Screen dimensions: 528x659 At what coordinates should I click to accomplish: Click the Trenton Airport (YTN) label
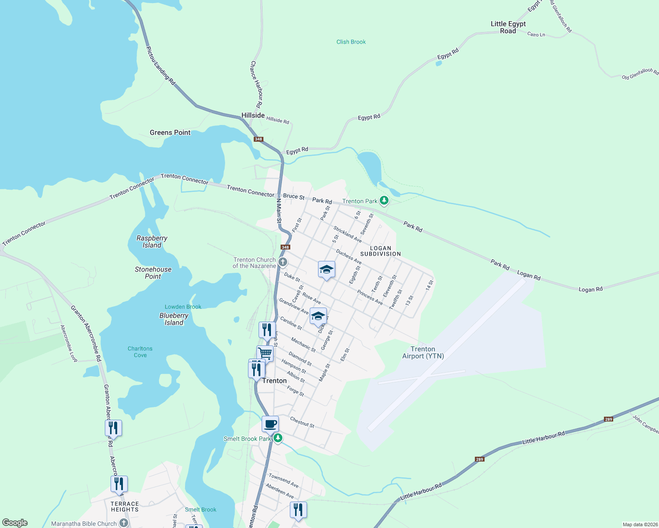coord(423,352)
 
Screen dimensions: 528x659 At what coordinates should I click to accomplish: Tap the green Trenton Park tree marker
coord(385,201)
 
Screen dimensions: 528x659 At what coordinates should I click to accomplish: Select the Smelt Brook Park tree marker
coord(278,438)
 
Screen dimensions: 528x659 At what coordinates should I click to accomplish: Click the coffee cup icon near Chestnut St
coord(270,424)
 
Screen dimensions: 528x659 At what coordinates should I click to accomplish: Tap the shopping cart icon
coord(265,353)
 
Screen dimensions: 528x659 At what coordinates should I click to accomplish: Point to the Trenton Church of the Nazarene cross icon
coord(283,263)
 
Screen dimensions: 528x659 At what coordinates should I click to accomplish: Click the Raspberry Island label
coord(152,242)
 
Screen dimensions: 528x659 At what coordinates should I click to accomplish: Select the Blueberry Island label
coord(174,319)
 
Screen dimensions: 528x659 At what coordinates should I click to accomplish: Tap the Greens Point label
coord(170,132)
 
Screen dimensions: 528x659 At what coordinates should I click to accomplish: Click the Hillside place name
coord(253,115)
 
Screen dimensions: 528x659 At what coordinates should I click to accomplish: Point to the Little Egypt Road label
coord(508,27)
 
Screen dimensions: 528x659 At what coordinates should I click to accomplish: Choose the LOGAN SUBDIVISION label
coord(381,251)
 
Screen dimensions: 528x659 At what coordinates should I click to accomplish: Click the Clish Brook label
coord(351,42)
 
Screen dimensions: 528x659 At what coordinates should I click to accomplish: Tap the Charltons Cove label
coord(140,352)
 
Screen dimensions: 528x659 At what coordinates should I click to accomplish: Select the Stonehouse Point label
coord(153,273)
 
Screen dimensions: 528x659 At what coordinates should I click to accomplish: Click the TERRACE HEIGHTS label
coord(125,507)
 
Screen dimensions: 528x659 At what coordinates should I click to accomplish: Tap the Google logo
coord(15,523)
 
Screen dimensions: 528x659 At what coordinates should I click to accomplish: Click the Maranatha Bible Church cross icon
coord(124,523)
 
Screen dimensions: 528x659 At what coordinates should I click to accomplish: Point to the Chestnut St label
coord(302,422)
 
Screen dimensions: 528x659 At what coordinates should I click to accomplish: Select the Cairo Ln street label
coord(536,34)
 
